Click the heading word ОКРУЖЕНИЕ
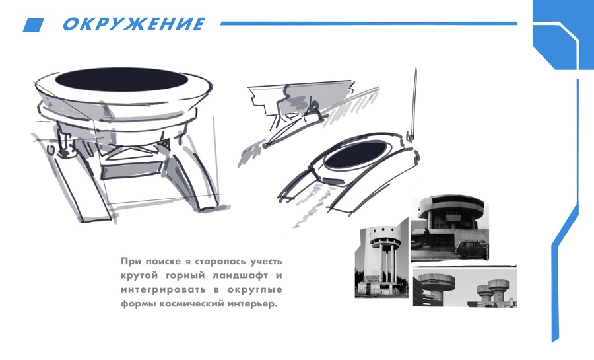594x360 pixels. [134, 24]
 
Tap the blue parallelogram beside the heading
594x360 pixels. [34, 25]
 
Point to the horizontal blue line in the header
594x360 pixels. [368, 24]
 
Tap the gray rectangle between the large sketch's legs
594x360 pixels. [132, 170]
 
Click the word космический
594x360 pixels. [193, 304]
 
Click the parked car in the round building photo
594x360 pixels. [472, 249]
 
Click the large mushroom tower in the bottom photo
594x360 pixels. [436, 285]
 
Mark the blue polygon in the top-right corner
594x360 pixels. [563, 35]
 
